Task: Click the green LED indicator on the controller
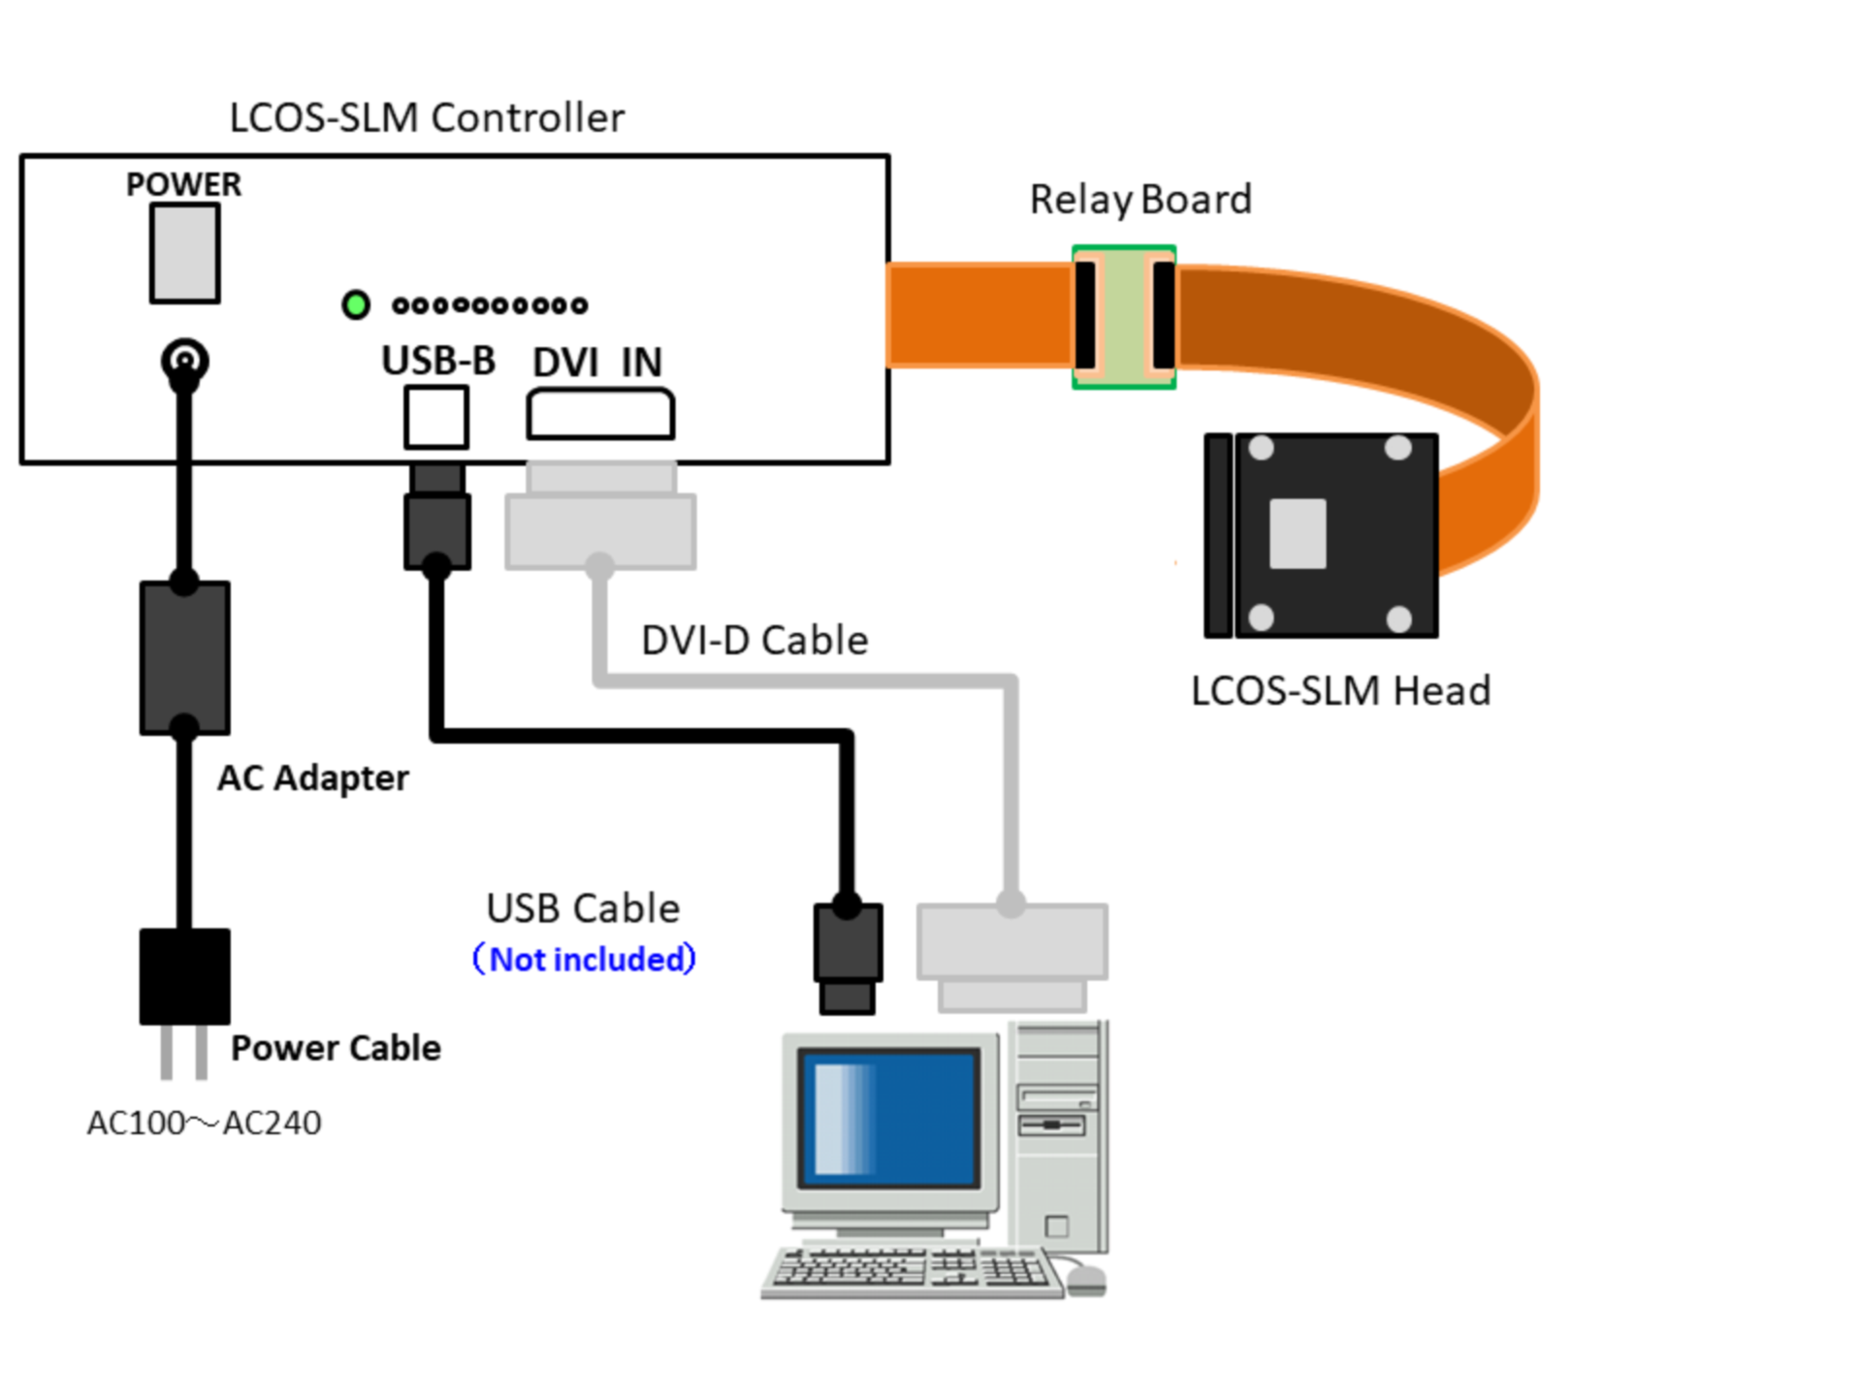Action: click(x=356, y=304)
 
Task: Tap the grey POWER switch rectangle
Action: click(x=184, y=254)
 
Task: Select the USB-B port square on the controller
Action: click(x=436, y=417)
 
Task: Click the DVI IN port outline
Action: click(x=600, y=414)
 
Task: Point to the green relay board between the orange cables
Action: click(x=1124, y=317)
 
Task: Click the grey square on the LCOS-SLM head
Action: click(x=1298, y=533)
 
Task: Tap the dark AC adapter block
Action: click(x=184, y=657)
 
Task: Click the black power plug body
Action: click(x=184, y=976)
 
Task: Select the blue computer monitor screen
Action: click(x=888, y=1118)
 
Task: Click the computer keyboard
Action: click(x=912, y=1270)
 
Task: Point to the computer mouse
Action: click(x=1086, y=1280)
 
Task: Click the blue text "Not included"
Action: click(x=584, y=959)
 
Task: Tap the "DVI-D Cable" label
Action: click(x=754, y=640)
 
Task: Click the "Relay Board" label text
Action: click(x=1140, y=200)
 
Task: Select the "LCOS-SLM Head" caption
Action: click(x=1340, y=691)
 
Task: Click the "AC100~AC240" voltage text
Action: click(x=204, y=1123)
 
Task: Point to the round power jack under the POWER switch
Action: click(x=184, y=361)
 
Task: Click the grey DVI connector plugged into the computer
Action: click(x=1011, y=955)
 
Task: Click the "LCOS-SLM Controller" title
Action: click(x=427, y=117)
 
